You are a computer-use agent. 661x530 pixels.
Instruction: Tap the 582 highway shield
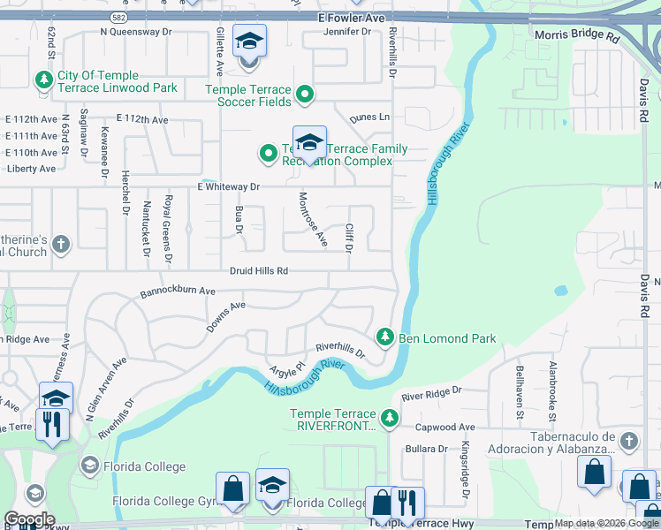tap(118, 17)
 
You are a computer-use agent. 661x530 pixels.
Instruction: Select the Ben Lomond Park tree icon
tap(384, 337)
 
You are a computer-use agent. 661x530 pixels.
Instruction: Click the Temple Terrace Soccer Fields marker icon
tap(305, 94)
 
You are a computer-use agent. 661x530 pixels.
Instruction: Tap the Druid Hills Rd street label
tap(259, 271)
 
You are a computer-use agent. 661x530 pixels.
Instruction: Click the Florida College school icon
tap(89, 466)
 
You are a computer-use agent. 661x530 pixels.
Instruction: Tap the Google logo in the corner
tap(29, 519)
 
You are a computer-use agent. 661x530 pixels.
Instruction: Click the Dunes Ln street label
tap(369, 117)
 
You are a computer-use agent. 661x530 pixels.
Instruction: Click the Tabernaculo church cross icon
tap(627, 440)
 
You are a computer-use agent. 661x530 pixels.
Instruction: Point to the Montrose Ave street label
tap(314, 220)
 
